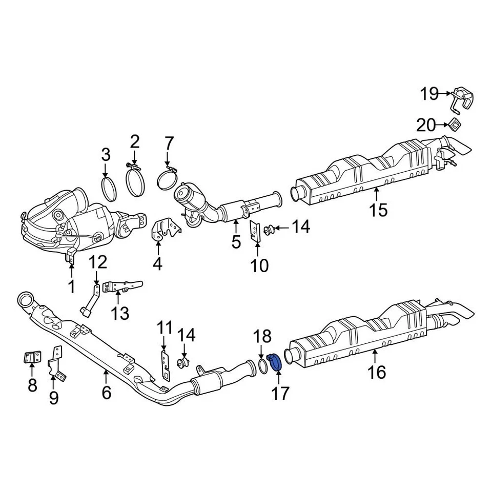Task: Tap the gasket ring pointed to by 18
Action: [262, 366]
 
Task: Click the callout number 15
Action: [378, 210]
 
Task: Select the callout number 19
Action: [429, 94]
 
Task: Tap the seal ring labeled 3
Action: [109, 188]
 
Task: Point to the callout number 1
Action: [71, 286]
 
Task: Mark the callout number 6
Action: [106, 393]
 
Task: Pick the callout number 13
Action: [120, 312]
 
